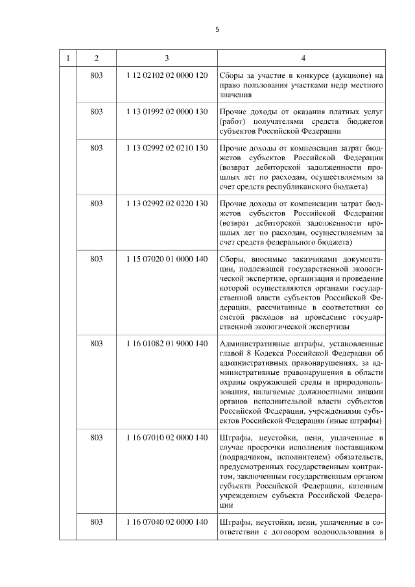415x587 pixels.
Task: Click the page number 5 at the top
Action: click(x=217, y=29)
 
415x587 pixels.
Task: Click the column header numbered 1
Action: click(x=69, y=59)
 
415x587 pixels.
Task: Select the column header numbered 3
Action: click(x=167, y=59)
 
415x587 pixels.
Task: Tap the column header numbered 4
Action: click(x=302, y=59)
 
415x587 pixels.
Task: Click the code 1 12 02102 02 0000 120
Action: click(x=167, y=76)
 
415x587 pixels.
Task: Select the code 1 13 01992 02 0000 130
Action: click(x=167, y=112)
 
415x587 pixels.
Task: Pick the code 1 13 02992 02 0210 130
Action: click(x=167, y=148)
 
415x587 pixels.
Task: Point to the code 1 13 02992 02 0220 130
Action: click(x=167, y=204)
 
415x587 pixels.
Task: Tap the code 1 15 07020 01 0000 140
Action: click(x=167, y=259)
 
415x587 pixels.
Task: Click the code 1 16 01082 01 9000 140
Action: click(x=167, y=343)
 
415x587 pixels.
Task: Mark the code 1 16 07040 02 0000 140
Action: click(x=167, y=522)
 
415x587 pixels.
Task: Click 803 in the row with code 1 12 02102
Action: click(x=97, y=76)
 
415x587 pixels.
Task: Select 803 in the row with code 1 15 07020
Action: click(x=97, y=259)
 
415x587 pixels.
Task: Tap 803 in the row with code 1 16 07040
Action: click(x=97, y=522)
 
